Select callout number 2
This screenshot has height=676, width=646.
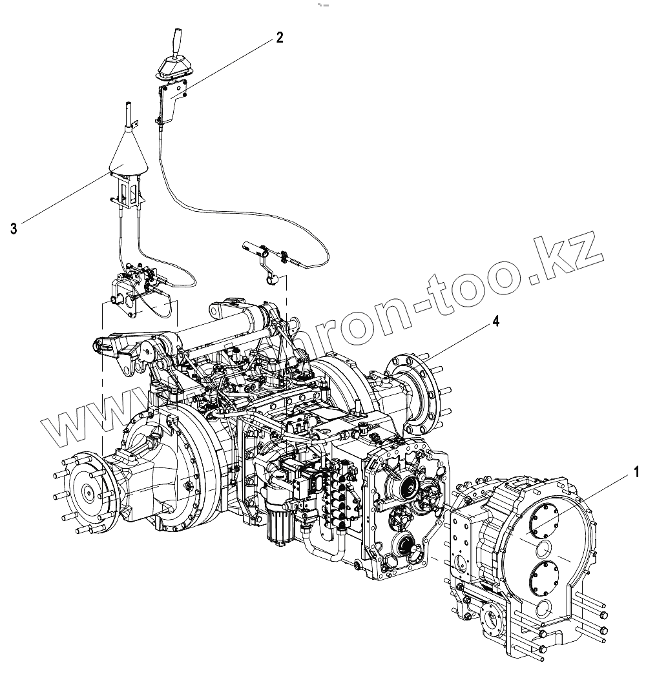(279, 37)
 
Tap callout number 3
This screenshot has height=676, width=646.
(14, 227)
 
